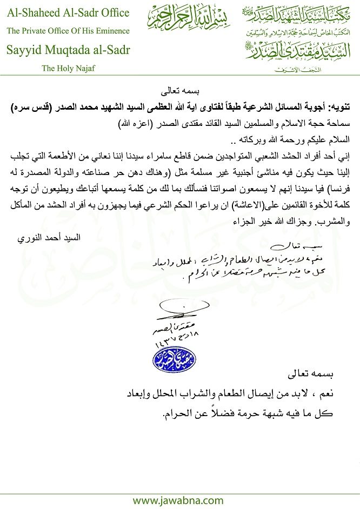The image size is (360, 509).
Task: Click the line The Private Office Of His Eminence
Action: pyautogui.click(x=68, y=31)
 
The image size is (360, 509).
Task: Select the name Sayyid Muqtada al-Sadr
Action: pyautogui.click(x=68, y=51)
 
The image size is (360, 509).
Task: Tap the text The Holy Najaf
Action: pyautogui.click(x=67, y=69)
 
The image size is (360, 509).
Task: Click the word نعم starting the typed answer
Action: pyautogui.click(x=340, y=394)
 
